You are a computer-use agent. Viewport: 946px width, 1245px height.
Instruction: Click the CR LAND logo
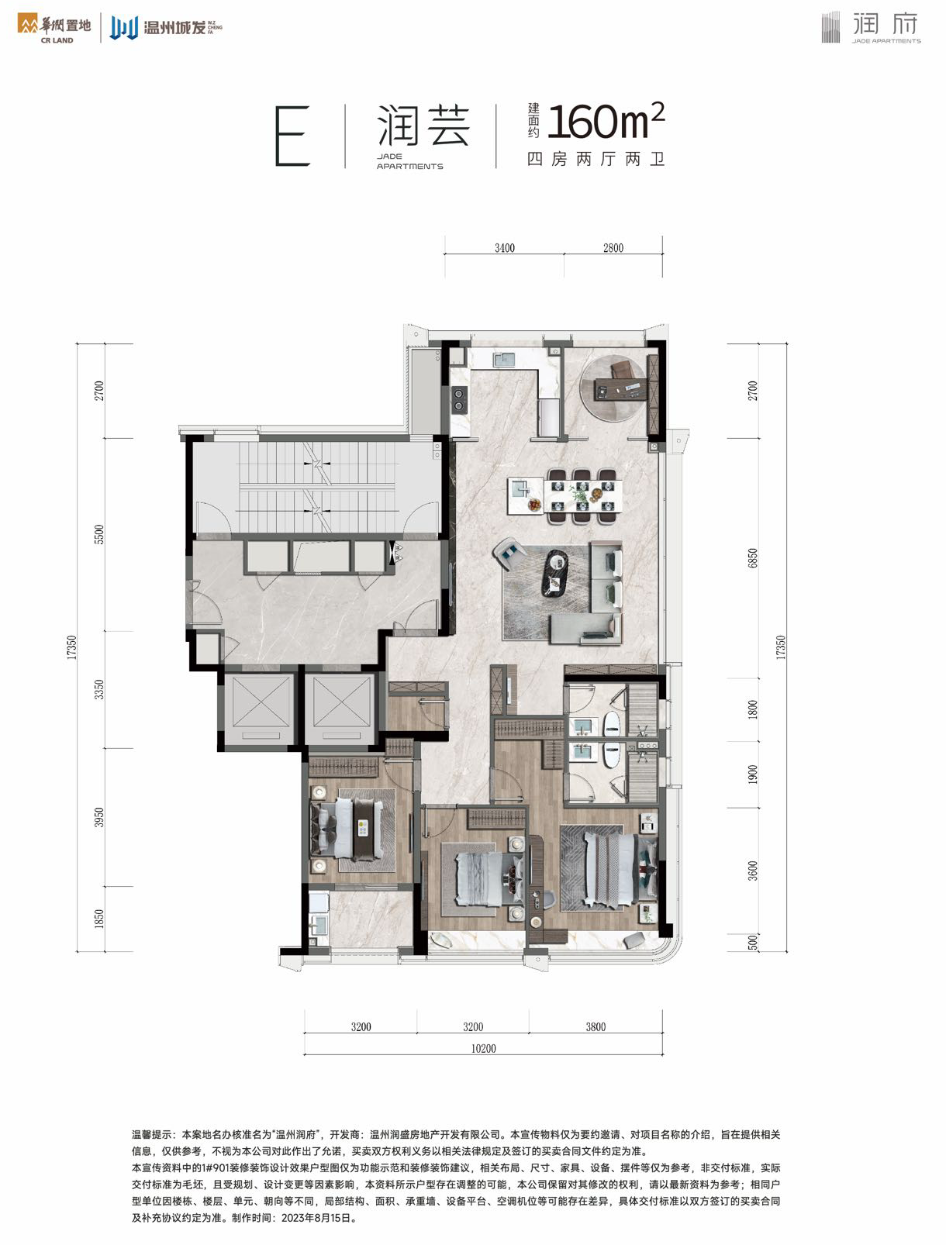point(54,29)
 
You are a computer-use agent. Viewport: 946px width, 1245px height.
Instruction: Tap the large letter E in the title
point(292,136)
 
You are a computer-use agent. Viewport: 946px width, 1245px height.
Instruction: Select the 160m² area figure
point(605,122)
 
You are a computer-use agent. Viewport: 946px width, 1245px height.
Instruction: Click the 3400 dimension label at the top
point(504,248)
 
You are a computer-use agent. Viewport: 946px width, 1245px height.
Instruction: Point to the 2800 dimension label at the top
point(613,248)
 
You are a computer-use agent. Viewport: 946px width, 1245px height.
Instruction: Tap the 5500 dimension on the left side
point(99,534)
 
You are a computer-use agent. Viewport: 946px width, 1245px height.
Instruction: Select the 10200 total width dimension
point(483,1048)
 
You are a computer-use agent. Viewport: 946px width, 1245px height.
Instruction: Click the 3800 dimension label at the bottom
point(596,1026)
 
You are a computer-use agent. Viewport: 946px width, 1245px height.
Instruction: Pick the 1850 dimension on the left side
point(99,919)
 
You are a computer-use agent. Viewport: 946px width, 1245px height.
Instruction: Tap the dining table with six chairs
point(582,495)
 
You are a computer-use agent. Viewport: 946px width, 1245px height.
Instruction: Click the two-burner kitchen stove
point(458,398)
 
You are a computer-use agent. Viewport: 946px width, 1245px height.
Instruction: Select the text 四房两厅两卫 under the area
point(596,160)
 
